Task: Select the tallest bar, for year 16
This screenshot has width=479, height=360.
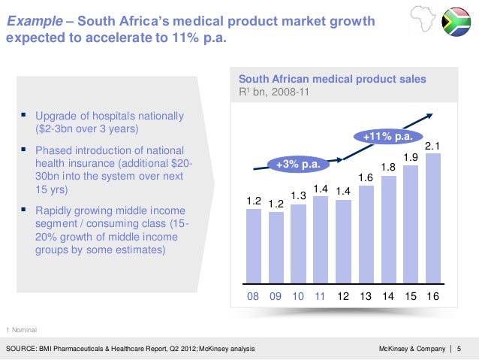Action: coord(432,222)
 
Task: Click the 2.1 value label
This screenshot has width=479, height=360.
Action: coord(432,146)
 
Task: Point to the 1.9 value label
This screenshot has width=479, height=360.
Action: coord(411,157)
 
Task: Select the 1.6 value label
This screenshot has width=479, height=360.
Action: coord(366,177)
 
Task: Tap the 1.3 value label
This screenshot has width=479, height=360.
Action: coord(298,195)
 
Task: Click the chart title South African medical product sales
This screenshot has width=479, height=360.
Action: coord(332,78)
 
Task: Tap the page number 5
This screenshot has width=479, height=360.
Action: coord(459,348)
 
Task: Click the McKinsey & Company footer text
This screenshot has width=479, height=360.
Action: coord(409,348)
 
